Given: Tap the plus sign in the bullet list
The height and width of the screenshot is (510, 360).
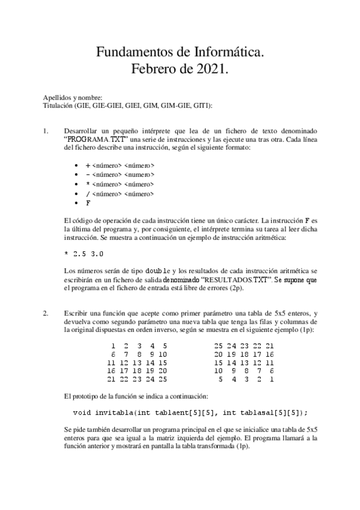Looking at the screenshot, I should click(x=88, y=165).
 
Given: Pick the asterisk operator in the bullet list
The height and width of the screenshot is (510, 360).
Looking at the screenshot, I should click(x=88, y=184).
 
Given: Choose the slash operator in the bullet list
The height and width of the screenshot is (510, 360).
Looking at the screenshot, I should click(x=88, y=194).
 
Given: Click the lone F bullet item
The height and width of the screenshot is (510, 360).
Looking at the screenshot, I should click(x=88, y=203).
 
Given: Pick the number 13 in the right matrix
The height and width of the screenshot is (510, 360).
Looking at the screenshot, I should click(x=243, y=363).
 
